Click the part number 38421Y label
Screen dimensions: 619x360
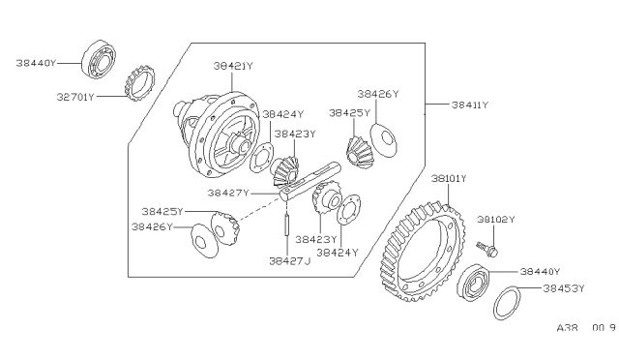(x=233, y=66)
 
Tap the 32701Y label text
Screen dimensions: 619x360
(x=75, y=97)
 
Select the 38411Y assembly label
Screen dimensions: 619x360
(x=470, y=105)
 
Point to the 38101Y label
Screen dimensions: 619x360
(x=449, y=179)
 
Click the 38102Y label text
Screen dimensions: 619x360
(x=496, y=220)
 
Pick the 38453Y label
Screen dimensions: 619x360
(x=563, y=288)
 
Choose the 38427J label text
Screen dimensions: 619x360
(x=290, y=261)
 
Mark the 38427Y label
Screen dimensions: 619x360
(x=228, y=193)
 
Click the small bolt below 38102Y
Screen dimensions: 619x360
(x=487, y=249)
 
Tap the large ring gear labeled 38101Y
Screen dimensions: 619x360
(x=422, y=253)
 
